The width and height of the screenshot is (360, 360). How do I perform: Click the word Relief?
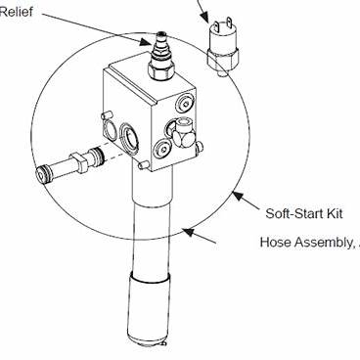click(x=13, y=14)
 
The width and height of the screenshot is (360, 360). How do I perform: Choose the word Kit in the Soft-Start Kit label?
click(x=337, y=212)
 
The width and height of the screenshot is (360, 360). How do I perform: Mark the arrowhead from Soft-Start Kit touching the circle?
click(x=234, y=194)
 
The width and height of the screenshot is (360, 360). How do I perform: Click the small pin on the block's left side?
click(x=103, y=118)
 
